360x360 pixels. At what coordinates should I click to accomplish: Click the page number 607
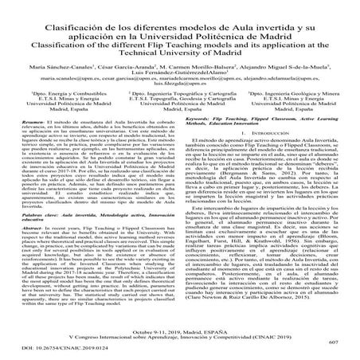pos(333,341)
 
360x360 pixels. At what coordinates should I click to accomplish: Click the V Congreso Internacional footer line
pos(180,334)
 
